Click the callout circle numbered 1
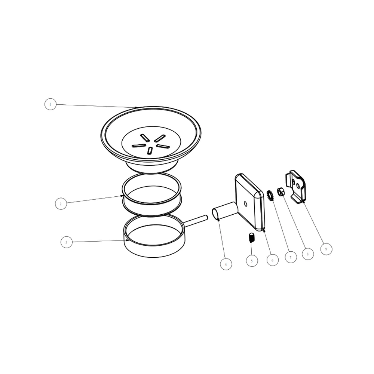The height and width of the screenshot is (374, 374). (50, 104)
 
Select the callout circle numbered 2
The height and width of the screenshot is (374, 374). (61, 204)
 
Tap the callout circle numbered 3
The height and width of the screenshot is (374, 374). (67, 242)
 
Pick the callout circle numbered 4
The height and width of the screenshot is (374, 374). (226, 264)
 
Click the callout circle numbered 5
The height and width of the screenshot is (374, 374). (252, 261)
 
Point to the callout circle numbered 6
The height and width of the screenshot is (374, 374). (273, 260)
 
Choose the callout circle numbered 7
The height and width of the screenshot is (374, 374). (291, 257)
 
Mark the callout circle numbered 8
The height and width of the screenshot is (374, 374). (308, 254)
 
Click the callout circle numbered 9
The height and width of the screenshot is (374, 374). (326, 249)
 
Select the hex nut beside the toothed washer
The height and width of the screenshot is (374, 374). (280, 191)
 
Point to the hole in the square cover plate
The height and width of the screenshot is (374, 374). (245, 204)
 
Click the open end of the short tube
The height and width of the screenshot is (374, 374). (215, 214)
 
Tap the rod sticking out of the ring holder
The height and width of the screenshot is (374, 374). (196, 221)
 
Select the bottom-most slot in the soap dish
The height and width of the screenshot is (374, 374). (150, 150)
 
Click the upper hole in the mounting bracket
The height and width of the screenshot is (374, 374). (293, 182)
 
